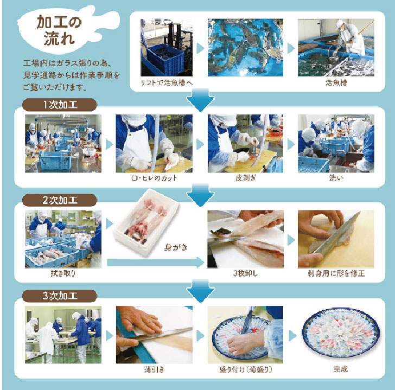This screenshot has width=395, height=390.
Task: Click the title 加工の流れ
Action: [59, 30]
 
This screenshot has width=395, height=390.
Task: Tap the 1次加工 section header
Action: [60, 105]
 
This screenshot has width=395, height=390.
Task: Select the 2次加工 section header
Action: [60, 200]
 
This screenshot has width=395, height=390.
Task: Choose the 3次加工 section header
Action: [60, 296]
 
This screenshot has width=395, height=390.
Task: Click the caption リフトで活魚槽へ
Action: [166, 82]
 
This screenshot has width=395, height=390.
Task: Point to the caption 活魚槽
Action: [336, 82]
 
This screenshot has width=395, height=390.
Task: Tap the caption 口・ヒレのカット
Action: [154, 178]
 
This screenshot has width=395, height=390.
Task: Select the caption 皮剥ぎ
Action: [246, 178]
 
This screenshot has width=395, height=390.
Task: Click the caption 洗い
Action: [336, 178]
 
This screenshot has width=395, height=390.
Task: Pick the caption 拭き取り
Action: [63, 273]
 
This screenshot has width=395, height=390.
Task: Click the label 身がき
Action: [176, 247]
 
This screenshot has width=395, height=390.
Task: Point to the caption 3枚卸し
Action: [245, 273]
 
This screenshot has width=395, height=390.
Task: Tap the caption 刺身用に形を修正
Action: [336, 273]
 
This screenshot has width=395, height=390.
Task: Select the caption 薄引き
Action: [154, 369]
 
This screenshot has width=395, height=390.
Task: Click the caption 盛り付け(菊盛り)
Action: [246, 369]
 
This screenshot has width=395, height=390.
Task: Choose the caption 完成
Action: [340, 369]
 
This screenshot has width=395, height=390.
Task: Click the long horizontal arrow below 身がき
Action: [155, 263]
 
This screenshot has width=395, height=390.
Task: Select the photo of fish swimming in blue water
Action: [245, 48]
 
